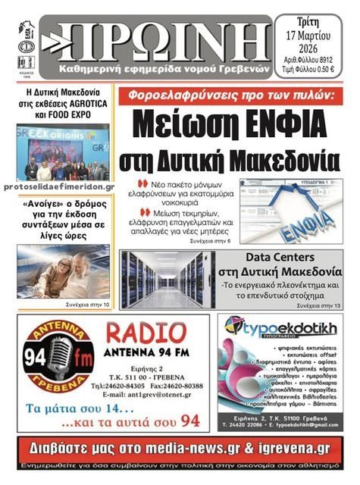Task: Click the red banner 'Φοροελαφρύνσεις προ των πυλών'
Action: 235,96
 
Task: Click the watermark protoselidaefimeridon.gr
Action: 59,186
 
